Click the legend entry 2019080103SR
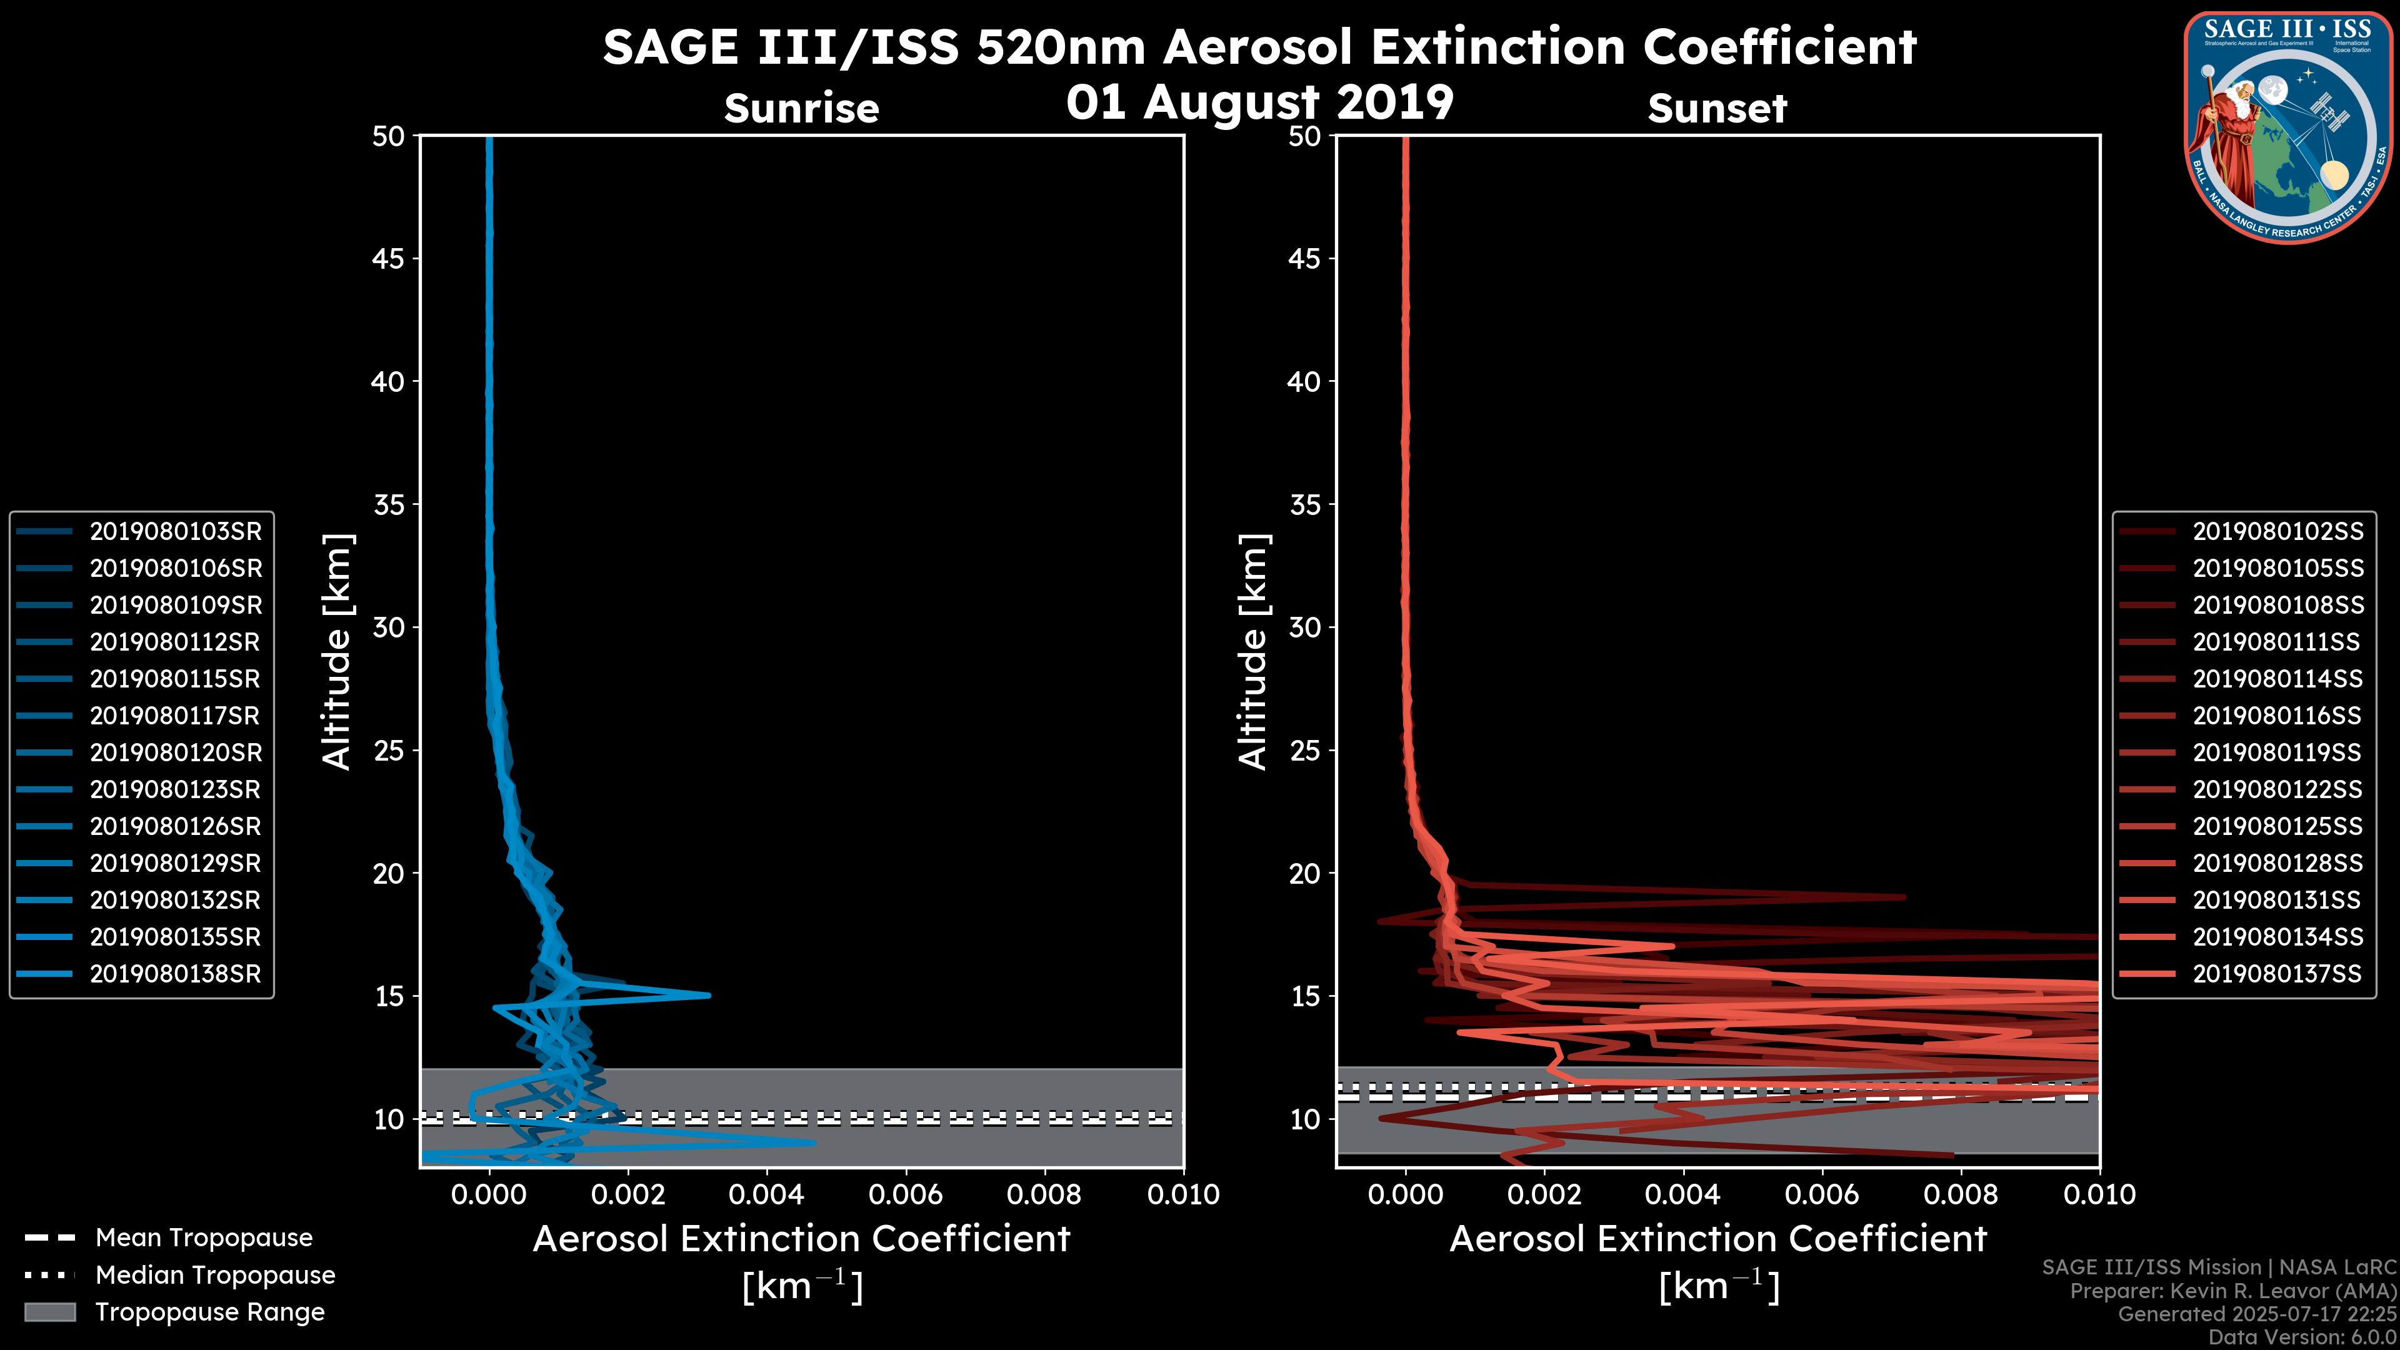(175, 531)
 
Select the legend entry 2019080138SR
(175, 974)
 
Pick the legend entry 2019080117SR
(175, 716)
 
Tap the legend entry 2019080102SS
(2277, 531)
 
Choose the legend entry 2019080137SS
(2277, 974)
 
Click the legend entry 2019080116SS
(2277, 716)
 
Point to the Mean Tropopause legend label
(204, 1237)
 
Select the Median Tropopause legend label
(215, 1274)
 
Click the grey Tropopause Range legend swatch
(49, 1312)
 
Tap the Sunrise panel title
(801, 109)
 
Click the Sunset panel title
(1717, 109)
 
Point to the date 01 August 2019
(1259, 101)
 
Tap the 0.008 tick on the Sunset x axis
(1960, 1194)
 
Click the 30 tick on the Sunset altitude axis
(1304, 627)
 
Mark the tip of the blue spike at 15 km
(709, 995)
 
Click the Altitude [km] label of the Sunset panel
(1253, 652)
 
